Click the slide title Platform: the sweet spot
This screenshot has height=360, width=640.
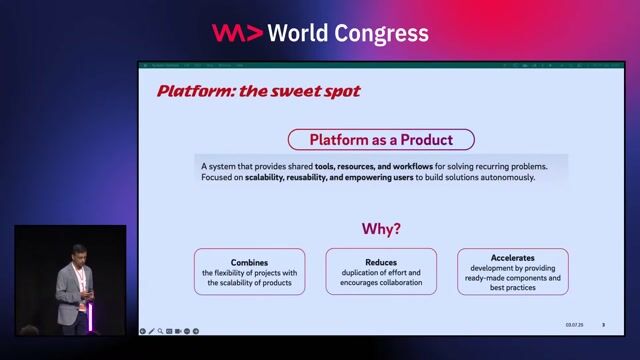(x=258, y=91)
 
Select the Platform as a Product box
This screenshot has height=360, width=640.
(x=381, y=139)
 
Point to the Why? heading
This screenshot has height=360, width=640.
(x=381, y=229)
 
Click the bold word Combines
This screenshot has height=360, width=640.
(x=249, y=262)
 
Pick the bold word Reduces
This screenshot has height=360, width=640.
(x=381, y=262)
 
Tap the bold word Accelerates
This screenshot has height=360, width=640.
(x=512, y=258)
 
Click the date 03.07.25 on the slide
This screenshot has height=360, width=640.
(x=573, y=325)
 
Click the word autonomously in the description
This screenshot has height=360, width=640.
(x=508, y=177)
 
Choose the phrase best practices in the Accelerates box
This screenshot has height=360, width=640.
(x=512, y=288)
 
